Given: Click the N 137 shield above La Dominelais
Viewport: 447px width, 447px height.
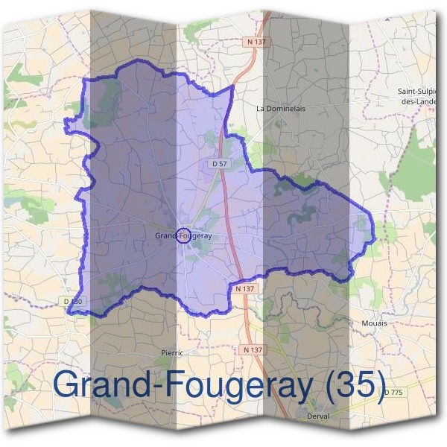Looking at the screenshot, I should (255, 42).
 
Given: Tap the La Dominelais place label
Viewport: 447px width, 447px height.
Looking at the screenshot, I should (280, 108).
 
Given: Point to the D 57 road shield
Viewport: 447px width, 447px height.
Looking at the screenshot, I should (218, 162).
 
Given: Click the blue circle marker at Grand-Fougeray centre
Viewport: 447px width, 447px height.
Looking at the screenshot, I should (182, 235).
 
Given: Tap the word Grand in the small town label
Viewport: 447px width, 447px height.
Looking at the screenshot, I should (165, 235).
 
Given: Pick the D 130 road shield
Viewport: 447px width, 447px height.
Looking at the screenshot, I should (72, 301).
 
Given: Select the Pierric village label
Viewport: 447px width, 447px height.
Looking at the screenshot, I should (171, 352).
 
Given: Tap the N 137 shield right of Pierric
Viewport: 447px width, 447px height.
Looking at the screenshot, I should (253, 349).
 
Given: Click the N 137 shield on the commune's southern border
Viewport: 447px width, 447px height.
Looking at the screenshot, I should (243, 288).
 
